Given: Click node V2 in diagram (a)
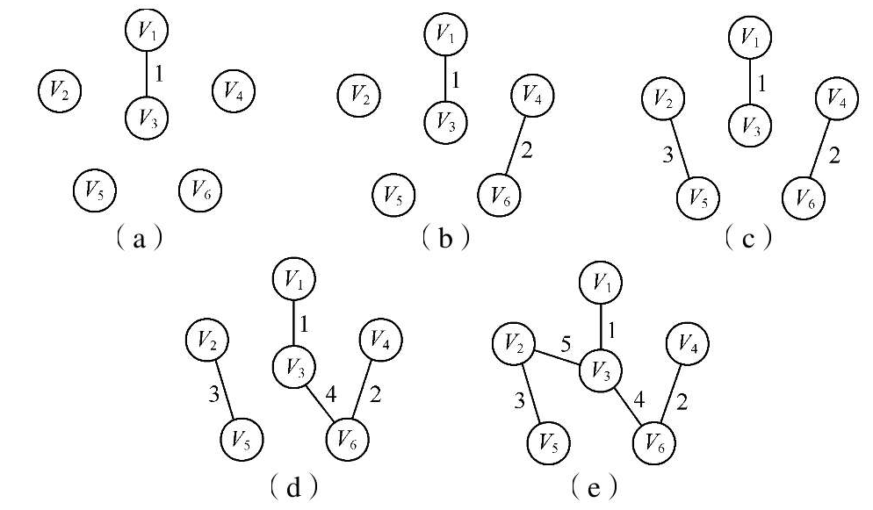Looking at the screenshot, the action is pyautogui.click(x=60, y=90).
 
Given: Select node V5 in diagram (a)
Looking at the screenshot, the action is pyautogui.click(x=95, y=190).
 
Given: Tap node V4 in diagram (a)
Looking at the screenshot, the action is pyautogui.click(x=234, y=90).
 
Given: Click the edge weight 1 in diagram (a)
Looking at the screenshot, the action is pyautogui.click(x=159, y=74).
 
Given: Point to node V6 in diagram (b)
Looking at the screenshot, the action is pyautogui.click(x=499, y=195).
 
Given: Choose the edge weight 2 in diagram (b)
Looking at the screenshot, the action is pyautogui.click(x=526, y=149).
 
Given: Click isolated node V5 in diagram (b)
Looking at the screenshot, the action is pyautogui.click(x=393, y=195).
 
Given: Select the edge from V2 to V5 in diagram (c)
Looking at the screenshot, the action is pyautogui.click(x=681, y=148).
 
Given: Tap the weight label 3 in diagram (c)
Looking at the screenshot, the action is pyautogui.click(x=668, y=154).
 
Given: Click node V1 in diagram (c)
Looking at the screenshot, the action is pyautogui.click(x=750, y=37).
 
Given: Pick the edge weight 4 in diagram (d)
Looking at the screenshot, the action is pyautogui.click(x=331, y=395).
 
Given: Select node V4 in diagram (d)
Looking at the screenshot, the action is pyautogui.click(x=381, y=339).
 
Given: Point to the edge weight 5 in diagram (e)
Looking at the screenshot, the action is pyautogui.click(x=566, y=345).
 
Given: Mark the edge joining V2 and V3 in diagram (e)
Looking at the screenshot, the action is pyautogui.click(x=557, y=356).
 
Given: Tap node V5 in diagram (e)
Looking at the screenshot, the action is pyautogui.click(x=548, y=443).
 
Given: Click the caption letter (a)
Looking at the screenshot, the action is pyautogui.click(x=139, y=239).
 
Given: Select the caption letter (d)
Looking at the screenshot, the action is pyautogui.click(x=293, y=488).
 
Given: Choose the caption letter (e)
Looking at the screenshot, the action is pyautogui.click(x=594, y=488).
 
